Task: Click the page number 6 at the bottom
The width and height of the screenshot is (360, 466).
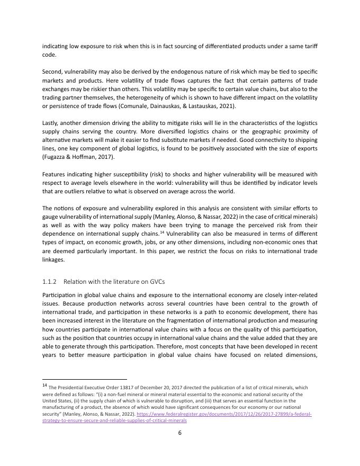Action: [x=180, y=433]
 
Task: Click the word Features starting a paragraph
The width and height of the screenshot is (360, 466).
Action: [x=55, y=174]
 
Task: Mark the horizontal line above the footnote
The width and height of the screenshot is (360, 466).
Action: [x=84, y=379]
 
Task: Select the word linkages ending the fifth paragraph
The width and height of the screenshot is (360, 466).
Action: [x=53, y=259]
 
